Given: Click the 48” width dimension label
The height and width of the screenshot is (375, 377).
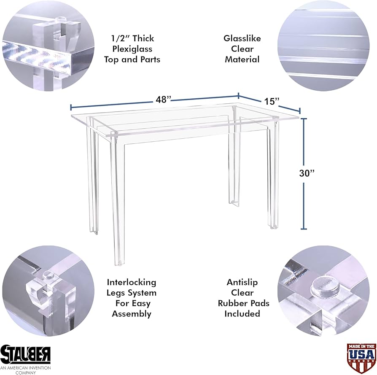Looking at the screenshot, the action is (x=163, y=100).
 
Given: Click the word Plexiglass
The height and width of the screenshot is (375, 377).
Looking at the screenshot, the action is (x=132, y=49).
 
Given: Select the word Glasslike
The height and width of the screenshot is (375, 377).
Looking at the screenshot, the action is (x=242, y=38).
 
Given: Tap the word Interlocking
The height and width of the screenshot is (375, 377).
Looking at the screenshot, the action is (x=132, y=282).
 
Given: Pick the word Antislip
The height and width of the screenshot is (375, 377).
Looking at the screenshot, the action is (x=242, y=282).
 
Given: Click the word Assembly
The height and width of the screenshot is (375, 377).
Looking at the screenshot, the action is (x=132, y=314).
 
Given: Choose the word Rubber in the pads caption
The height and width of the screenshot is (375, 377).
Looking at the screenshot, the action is (x=231, y=303).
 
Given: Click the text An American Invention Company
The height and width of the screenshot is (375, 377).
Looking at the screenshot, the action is (x=25, y=370).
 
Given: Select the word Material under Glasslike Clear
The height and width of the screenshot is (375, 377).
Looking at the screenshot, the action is (x=242, y=59).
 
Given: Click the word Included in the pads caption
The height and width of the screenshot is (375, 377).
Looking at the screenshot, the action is (x=242, y=314).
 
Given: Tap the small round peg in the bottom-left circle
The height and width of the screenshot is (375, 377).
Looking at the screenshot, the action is (x=49, y=275).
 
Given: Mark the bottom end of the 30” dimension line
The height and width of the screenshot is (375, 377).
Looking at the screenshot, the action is (x=304, y=229).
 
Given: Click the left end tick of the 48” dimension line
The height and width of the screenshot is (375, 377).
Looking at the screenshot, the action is (x=71, y=108).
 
